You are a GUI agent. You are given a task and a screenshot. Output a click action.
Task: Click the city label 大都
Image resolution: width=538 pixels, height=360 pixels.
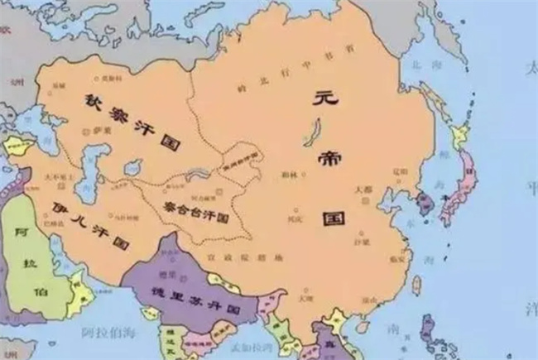click(x=365, y=189)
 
